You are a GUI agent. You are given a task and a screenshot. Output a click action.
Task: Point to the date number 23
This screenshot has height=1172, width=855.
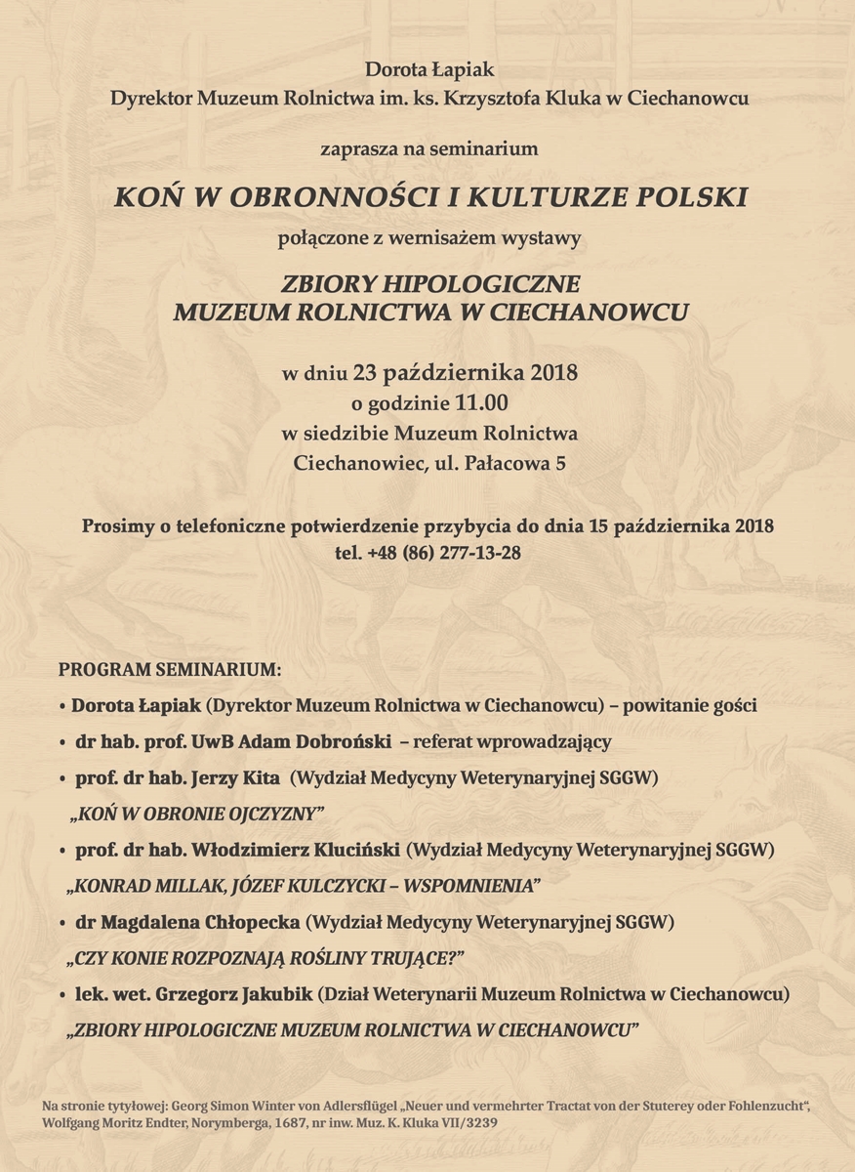[x=365, y=373]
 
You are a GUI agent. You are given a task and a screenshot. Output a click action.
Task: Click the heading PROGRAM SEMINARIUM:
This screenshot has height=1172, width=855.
[x=170, y=671]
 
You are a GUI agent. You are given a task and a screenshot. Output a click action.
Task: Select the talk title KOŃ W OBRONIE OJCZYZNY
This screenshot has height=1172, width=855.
[x=196, y=814]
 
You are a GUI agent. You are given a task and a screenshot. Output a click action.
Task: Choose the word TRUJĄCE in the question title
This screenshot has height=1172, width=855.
[x=409, y=958]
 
